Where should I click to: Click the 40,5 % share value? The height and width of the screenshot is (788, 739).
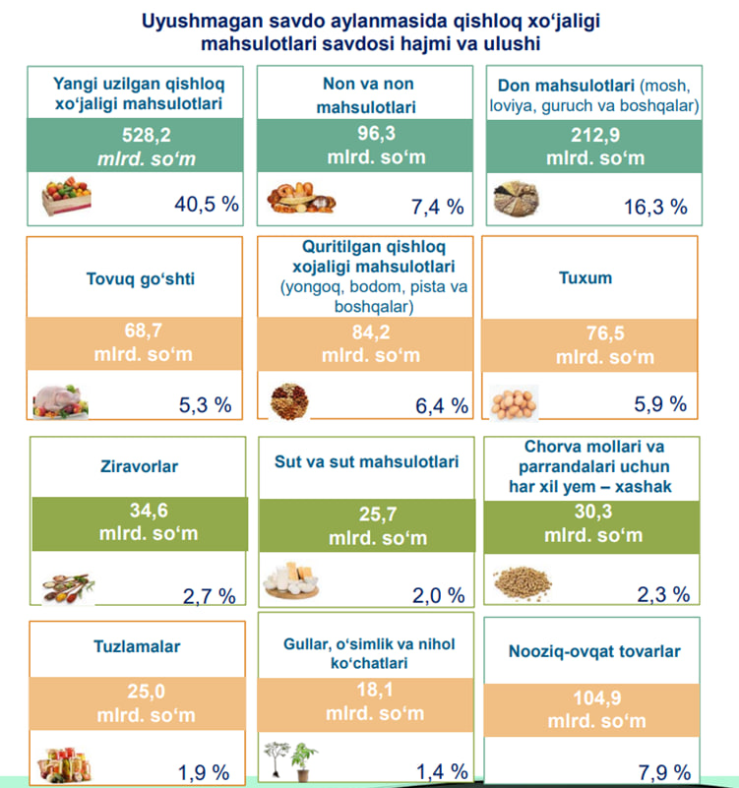pyautogui.click(x=207, y=205)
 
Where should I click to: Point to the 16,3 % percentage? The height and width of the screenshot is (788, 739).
pyautogui.click(x=655, y=207)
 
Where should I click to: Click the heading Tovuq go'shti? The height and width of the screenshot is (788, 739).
pyautogui.click(x=141, y=278)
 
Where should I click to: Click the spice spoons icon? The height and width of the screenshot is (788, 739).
pyautogui.click(x=69, y=585)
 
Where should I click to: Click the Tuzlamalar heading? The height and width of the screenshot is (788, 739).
pyautogui.click(x=139, y=646)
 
